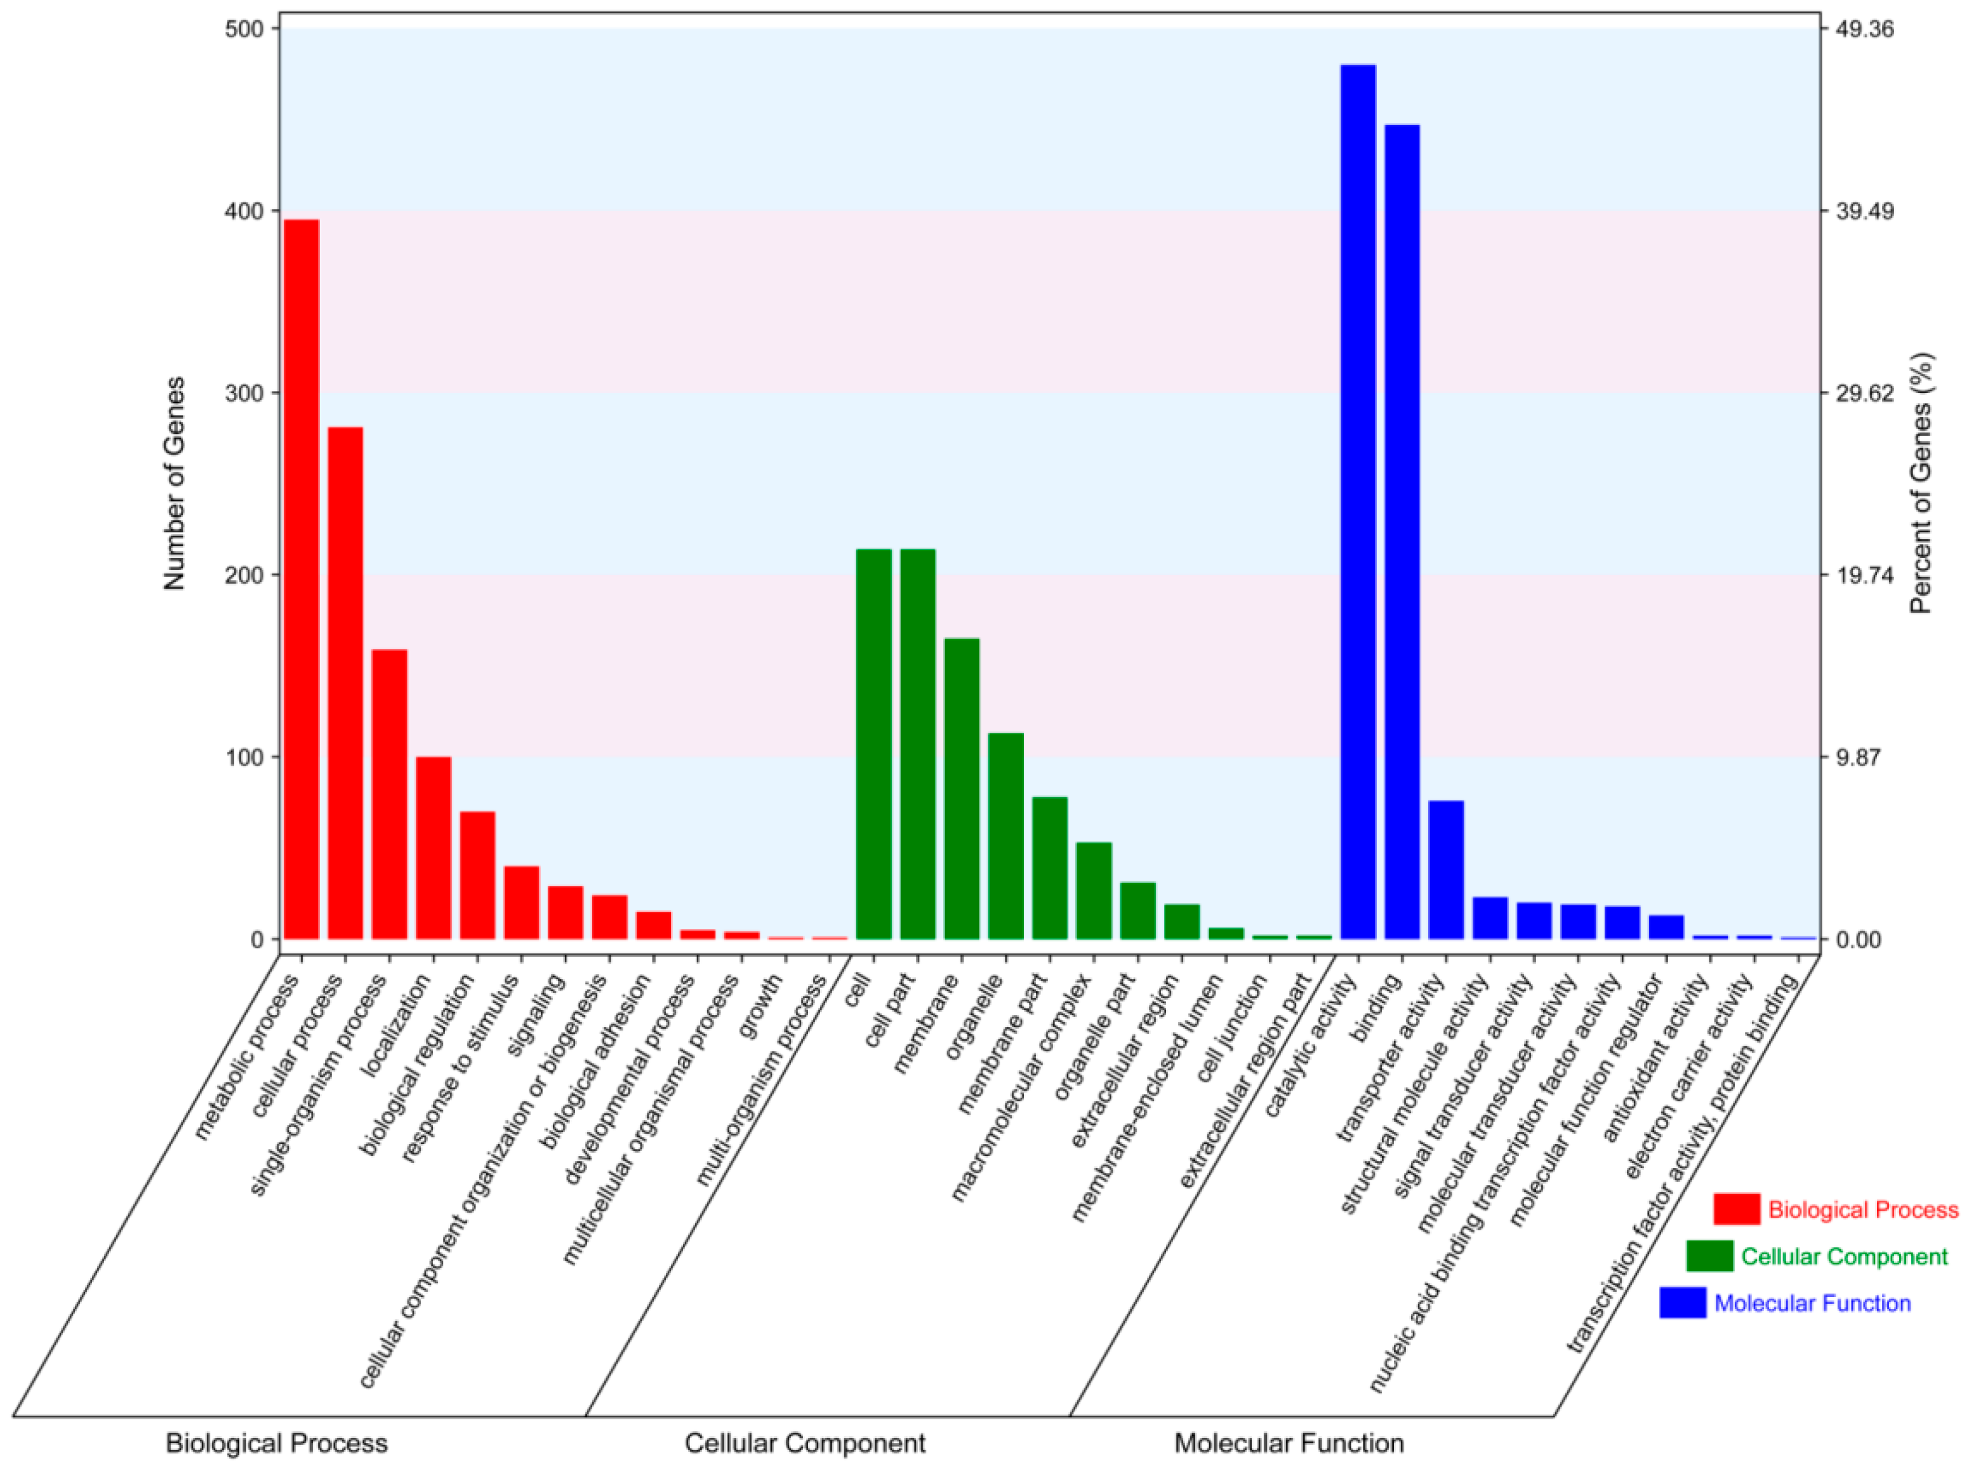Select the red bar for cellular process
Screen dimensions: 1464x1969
pyautogui.click(x=345, y=682)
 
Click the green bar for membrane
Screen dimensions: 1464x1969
pyautogui.click(x=962, y=788)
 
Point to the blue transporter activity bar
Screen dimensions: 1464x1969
pyautogui.click(x=1445, y=869)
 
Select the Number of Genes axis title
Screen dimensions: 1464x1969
pyautogui.click(x=174, y=483)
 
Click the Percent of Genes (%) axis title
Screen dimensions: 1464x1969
pyautogui.click(x=1921, y=483)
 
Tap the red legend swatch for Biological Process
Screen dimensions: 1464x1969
pyautogui.click(x=1736, y=1209)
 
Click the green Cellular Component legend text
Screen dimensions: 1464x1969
pyautogui.click(x=1843, y=1256)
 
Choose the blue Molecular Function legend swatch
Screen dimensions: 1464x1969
pyautogui.click(x=1682, y=1303)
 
